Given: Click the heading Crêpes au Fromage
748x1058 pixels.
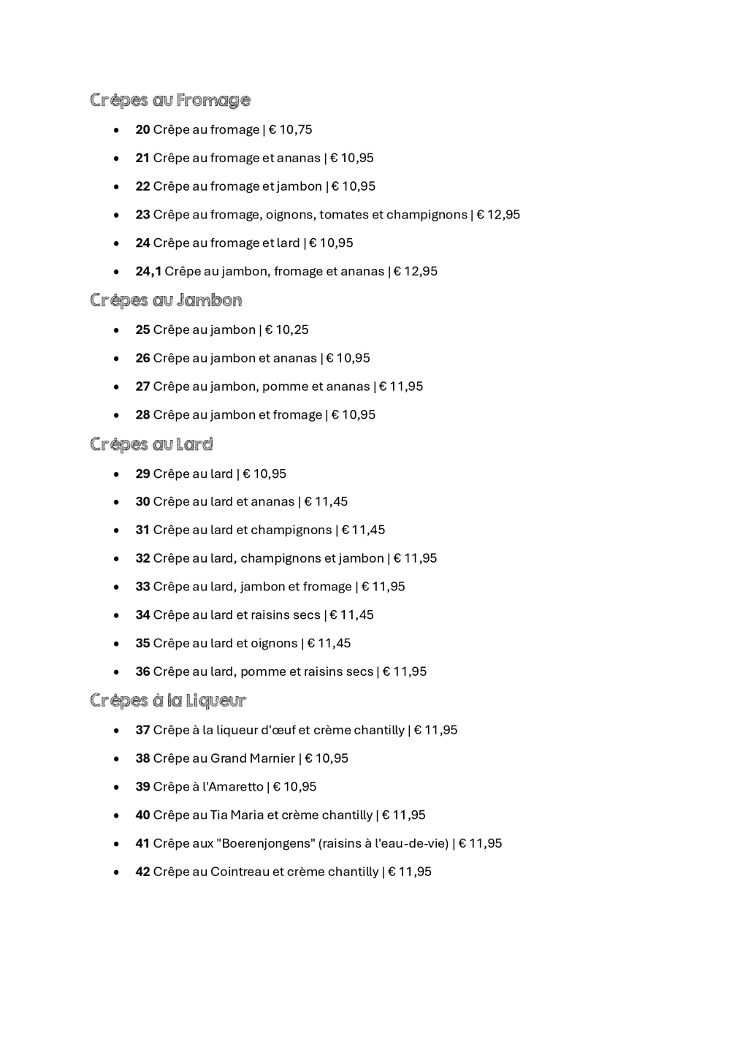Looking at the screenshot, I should click(x=170, y=100).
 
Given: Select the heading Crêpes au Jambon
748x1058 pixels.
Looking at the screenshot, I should click(x=166, y=300).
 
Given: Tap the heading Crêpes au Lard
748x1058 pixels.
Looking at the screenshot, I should click(x=151, y=444).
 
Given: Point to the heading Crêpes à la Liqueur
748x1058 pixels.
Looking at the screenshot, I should click(x=168, y=701).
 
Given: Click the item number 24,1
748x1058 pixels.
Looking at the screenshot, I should click(x=148, y=271).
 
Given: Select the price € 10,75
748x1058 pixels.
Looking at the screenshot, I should click(x=291, y=129).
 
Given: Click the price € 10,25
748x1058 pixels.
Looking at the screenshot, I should click(x=287, y=330).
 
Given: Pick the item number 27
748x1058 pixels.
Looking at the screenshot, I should click(x=142, y=387).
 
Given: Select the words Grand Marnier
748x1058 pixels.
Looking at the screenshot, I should click(x=253, y=758).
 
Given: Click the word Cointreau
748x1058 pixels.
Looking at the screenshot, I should click(x=240, y=872).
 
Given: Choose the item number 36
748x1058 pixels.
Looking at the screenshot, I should click(x=142, y=671).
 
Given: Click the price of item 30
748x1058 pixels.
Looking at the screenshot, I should click(x=327, y=501).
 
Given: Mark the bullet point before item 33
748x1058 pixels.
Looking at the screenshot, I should click(x=116, y=587).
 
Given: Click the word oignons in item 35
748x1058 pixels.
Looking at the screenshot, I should click(x=274, y=643).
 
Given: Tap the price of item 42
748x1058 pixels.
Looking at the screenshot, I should click(x=410, y=872).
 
